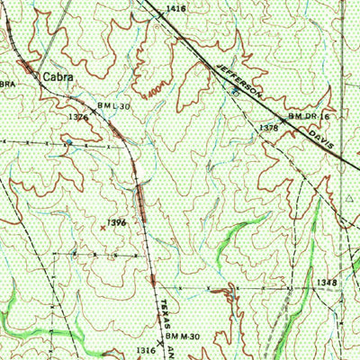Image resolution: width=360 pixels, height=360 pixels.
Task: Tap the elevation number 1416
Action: point(177,8)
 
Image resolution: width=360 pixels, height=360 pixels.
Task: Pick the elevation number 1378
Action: point(269,129)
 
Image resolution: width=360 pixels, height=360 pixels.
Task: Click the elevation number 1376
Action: point(78,117)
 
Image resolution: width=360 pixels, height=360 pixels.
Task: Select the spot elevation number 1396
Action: point(115,221)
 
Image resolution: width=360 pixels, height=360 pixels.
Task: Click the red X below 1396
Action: point(102,229)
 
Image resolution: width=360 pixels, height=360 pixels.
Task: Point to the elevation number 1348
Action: point(327,283)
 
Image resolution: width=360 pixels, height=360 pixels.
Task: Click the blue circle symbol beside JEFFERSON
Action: point(236,91)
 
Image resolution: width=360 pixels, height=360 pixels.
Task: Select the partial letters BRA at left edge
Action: point(8,84)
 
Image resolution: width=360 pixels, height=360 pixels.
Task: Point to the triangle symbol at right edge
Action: point(352,194)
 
